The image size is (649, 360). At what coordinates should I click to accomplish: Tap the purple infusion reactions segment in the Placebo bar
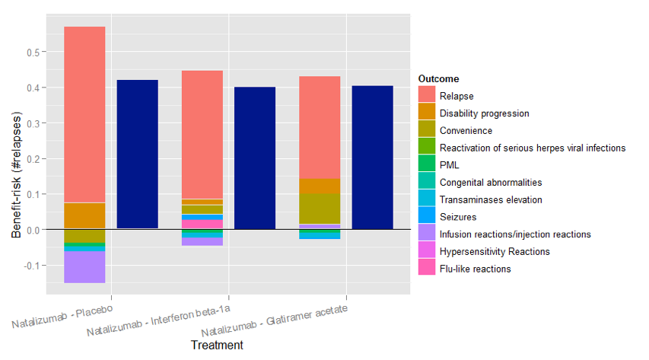(x=84, y=266)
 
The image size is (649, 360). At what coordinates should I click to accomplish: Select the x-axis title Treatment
(x=217, y=346)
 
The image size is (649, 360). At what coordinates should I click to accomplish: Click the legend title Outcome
(x=438, y=79)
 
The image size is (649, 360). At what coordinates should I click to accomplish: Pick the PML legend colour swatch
(x=427, y=165)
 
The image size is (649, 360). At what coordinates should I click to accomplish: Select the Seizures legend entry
(x=459, y=217)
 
